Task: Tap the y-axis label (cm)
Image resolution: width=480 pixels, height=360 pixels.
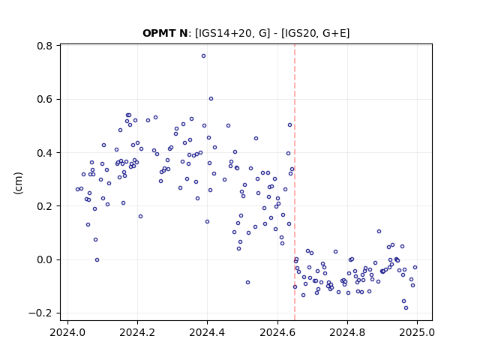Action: point(18,183)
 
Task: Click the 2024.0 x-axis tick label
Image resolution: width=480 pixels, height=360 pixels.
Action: point(67,332)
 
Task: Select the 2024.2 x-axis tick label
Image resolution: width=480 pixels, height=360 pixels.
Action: point(137,332)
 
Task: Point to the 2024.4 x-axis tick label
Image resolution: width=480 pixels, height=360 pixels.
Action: point(207,332)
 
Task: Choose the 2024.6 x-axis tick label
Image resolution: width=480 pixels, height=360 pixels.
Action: point(277,332)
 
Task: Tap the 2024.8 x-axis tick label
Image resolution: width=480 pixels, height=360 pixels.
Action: point(347,332)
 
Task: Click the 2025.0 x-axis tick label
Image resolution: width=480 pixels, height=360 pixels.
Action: point(417,332)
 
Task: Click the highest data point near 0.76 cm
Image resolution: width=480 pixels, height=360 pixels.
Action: point(203,56)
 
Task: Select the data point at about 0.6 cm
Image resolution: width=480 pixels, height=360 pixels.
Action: point(211,98)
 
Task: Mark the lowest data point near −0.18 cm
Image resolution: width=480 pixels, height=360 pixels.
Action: point(406,308)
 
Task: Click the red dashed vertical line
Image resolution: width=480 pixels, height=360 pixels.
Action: point(295,182)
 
